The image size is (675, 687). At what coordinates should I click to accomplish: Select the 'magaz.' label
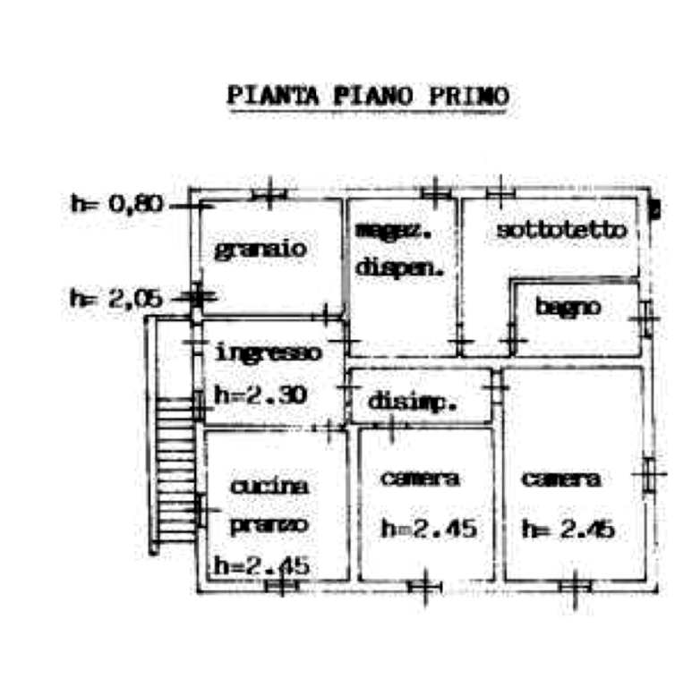coord(394,231)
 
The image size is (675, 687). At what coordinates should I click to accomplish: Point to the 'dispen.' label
coord(400,267)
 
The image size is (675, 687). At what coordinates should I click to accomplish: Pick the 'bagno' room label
coord(568,308)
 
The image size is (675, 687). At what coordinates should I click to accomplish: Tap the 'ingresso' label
coord(268,353)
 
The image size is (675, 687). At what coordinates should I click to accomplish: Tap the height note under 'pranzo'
coord(261,565)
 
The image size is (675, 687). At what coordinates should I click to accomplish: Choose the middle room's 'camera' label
coord(422,479)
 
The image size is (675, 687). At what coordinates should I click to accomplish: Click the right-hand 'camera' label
coord(561,479)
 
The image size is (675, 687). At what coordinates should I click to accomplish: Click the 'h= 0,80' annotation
coord(115,204)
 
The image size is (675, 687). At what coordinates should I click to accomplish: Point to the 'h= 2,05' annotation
coord(113,296)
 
